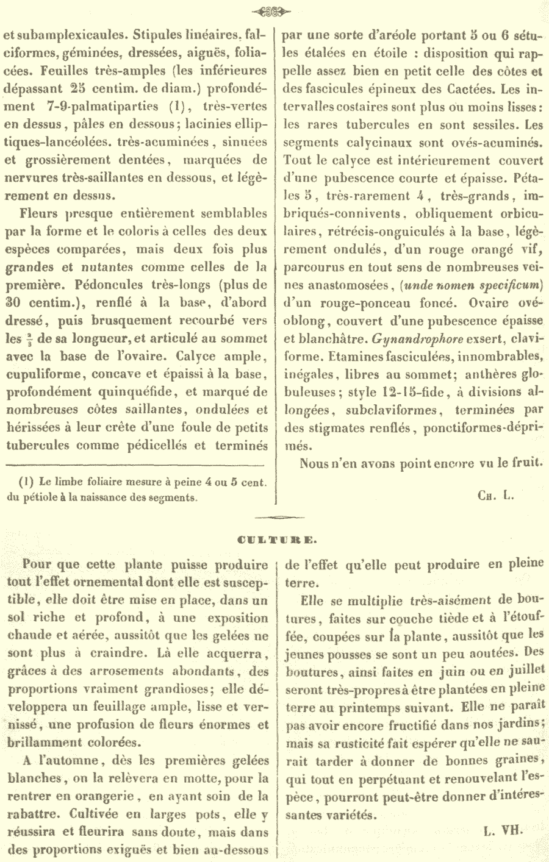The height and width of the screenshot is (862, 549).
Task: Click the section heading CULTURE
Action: pos(273,539)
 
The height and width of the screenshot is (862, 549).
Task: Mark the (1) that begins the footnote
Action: pos(27,482)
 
